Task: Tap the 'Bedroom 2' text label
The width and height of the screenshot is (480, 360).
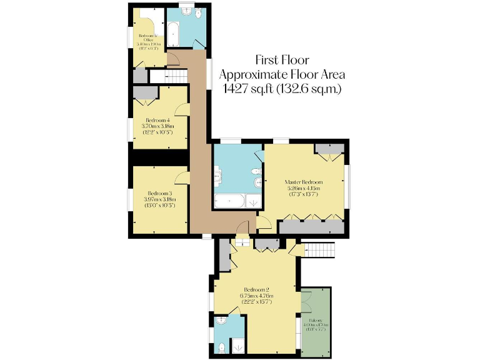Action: [256, 289]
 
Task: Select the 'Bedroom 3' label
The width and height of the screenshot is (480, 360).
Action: [160, 193]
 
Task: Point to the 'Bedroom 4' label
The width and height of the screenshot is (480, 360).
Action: [159, 120]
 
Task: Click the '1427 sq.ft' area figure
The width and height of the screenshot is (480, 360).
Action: [251, 89]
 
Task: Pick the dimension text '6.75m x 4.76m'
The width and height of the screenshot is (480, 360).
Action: [256, 296]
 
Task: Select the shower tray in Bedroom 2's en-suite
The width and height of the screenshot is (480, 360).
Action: [237, 345]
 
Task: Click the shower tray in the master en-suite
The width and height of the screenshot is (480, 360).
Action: [253, 201]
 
